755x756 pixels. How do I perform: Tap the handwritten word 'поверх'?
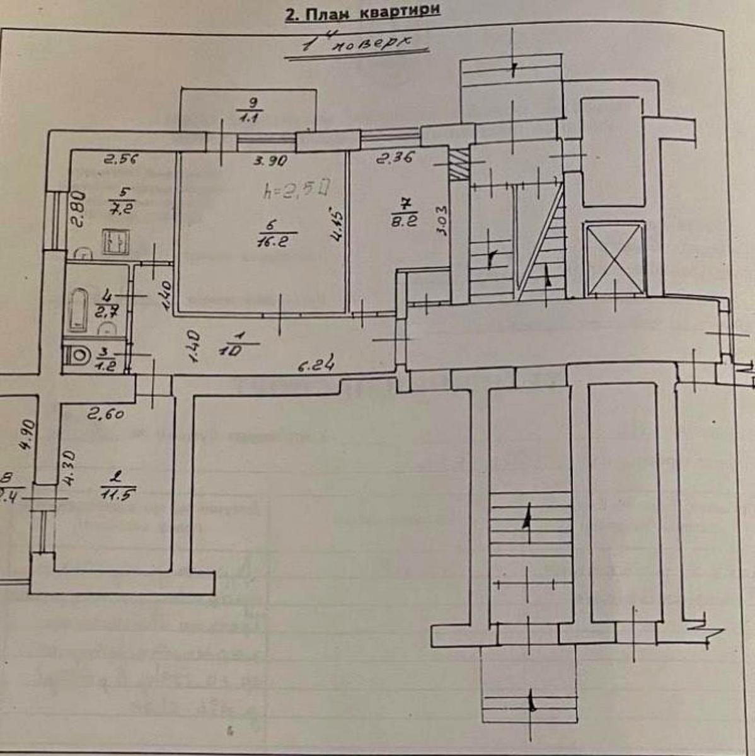372,43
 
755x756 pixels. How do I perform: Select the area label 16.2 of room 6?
272,240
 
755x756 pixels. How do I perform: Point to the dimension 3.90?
271,161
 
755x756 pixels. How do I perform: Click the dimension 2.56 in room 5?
122,159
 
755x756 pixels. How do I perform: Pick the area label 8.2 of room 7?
403,221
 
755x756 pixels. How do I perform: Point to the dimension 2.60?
105,415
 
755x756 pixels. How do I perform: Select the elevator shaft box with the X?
614,258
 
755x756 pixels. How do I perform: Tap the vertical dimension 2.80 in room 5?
76,210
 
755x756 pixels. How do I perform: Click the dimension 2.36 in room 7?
395,159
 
